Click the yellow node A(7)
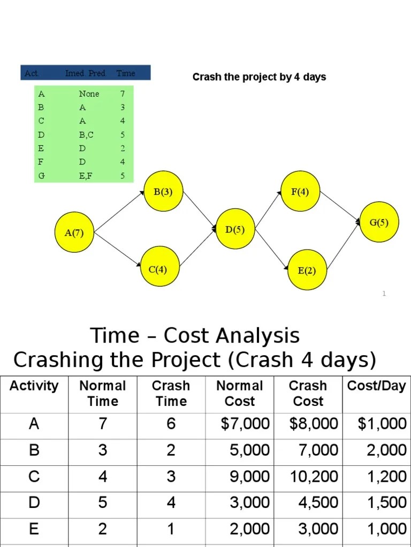pos(74,232)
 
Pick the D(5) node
pos(235,230)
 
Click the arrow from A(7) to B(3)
pos(120,212)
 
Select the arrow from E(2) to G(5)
pos(343,246)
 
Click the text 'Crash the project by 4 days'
pos(259,77)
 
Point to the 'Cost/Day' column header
pos(376,386)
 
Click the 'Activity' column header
pos(34,386)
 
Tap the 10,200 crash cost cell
pos(314,476)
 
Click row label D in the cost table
pos(34,503)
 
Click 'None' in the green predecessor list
pos(89,94)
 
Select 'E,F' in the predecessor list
pos(86,175)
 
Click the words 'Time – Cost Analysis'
pos(195,336)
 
